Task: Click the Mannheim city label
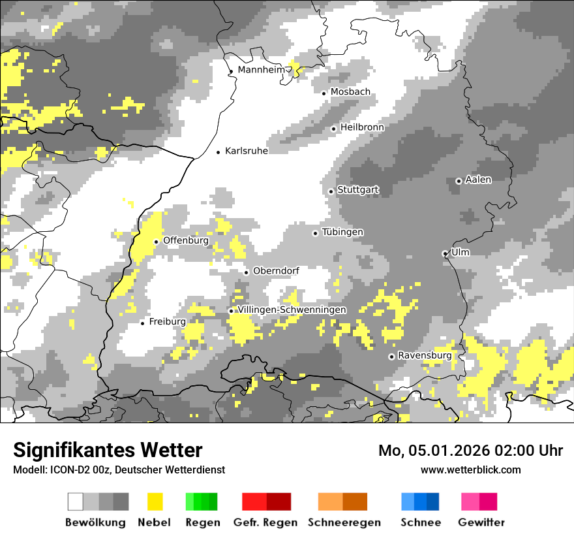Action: point(261,70)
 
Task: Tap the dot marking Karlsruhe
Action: point(219,152)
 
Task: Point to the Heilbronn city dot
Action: point(333,129)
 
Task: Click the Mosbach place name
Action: point(350,92)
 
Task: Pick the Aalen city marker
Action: point(459,181)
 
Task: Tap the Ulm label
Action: point(461,252)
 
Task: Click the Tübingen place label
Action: point(342,232)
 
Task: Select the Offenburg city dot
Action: point(157,242)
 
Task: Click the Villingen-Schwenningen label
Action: point(292,310)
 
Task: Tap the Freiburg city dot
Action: point(142,323)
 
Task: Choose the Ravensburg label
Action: point(425,356)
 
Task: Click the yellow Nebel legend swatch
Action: point(155,502)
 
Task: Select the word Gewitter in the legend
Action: point(481,522)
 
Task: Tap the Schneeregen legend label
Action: point(344,522)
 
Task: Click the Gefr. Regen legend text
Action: point(265,522)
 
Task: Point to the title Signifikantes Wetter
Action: point(108,450)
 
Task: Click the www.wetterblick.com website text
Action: point(470,470)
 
